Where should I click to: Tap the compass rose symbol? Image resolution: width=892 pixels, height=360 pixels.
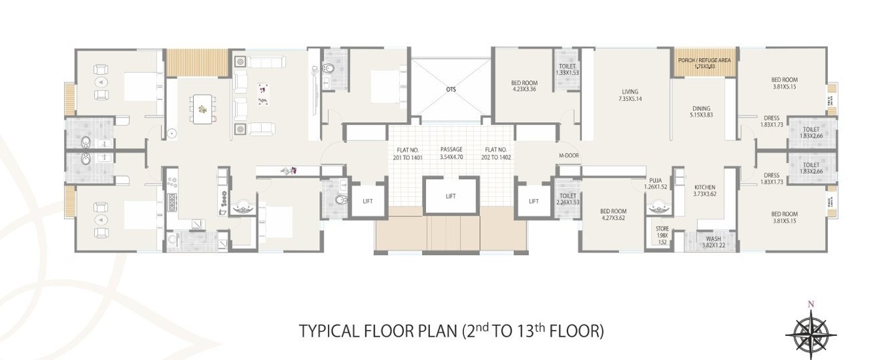[x=811, y=331]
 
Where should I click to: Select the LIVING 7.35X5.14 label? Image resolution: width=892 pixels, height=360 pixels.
[x=629, y=96]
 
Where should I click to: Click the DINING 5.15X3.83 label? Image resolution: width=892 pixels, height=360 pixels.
[x=701, y=112]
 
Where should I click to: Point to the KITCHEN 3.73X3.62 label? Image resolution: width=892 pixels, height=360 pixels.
[x=705, y=190]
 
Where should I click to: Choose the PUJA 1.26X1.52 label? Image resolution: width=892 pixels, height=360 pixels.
[x=655, y=183]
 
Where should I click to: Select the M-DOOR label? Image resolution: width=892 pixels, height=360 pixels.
[x=568, y=156]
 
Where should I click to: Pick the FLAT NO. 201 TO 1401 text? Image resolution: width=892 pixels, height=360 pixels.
[x=409, y=154]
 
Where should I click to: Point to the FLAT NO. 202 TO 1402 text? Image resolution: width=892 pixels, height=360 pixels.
[x=498, y=154]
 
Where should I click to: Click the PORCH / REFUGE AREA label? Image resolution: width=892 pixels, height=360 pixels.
[x=705, y=63]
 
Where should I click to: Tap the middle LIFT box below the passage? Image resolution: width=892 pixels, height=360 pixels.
[x=451, y=196]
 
